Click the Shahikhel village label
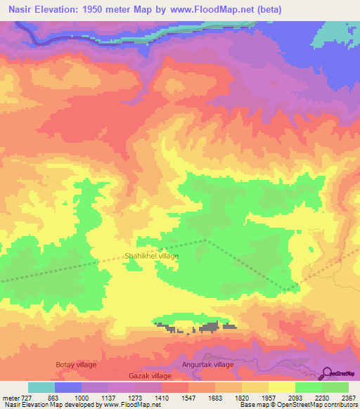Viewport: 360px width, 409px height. pyautogui.click(x=151, y=257)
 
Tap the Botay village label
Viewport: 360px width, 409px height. pyautogui.click(x=76, y=365)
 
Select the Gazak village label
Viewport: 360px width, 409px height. pyautogui.click(x=150, y=377)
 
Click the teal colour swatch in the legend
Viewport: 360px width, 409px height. pyautogui.click(x=41, y=387)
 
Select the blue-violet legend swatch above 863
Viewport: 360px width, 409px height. pyautogui.click(x=68, y=387)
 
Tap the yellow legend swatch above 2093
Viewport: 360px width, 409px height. pyautogui.click(x=281, y=387)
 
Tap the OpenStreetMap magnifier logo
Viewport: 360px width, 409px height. pyautogui.click(x=328, y=373)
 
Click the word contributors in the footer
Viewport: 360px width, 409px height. pyautogui.click(x=340, y=405)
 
